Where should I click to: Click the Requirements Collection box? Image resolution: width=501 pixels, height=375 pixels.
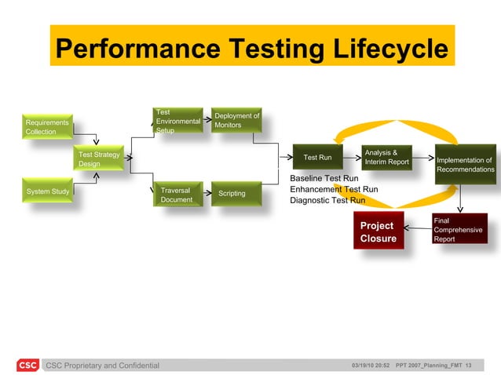pyautogui.click(x=46, y=126)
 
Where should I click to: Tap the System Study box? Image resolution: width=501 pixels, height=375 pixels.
pyautogui.click(x=47, y=191)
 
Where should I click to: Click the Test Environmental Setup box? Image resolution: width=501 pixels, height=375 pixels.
pyautogui.click(x=177, y=121)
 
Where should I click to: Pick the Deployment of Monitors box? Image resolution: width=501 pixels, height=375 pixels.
pyautogui.click(x=236, y=120)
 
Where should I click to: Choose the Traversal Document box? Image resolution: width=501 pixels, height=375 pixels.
pyautogui.click(x=177, y=195)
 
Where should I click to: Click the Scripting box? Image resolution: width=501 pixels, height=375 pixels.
pyautogui.click(x=232, y=193)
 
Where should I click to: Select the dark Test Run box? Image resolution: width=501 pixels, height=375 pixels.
pyautogui.click(x=317, y=158)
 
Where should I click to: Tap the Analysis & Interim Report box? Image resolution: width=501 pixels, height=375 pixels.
pyautogui.click(x=386, y=157)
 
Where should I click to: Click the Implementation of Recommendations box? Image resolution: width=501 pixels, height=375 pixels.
pyautogui.click(x=465, y=165)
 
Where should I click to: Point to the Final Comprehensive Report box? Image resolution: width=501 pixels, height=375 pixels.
pyautogui.click(x=459, y=229)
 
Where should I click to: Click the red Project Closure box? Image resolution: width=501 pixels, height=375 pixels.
pyautogui.click(x=378, y=231)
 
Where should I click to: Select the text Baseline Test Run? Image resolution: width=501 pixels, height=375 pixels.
pyautogui.click(x=324, y=178)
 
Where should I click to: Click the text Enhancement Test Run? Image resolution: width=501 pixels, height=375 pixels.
pyautogui.click(x=334, y=189)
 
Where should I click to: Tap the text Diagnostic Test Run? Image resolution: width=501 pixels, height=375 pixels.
pyautogui.click(x=327, y=200)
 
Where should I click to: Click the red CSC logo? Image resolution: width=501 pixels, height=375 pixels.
pyautogui.click(x=27, y=365)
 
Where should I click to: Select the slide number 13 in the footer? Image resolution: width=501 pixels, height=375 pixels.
pyautogui.click(x=468, y=365)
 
